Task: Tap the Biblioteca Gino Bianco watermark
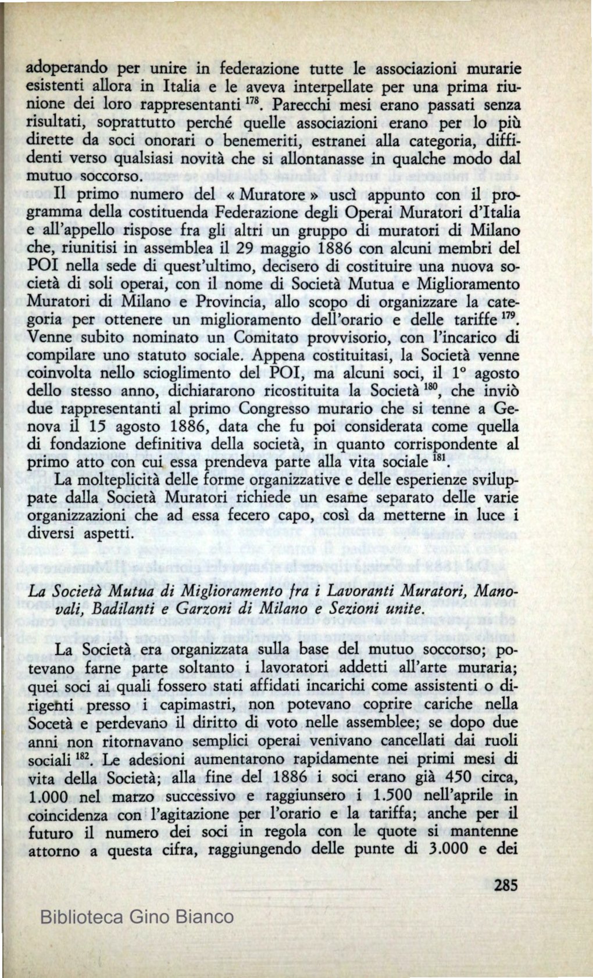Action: pos(137,917)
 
